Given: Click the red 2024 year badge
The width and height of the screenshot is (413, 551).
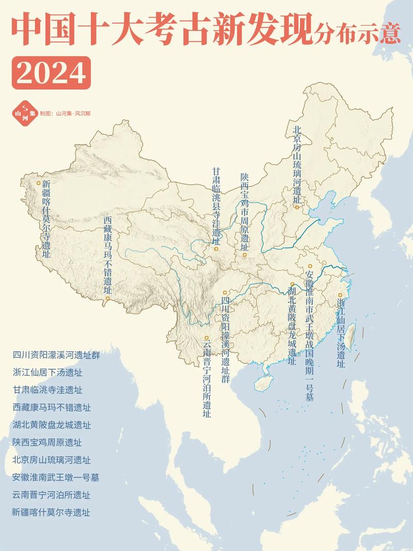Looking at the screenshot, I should [51, 73].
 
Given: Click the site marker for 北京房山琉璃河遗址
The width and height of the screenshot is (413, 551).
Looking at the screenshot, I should [297, 207].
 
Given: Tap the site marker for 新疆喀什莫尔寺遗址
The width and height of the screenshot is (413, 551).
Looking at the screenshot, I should [38, 182].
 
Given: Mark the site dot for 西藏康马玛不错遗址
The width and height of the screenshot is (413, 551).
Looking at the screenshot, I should [107, 298].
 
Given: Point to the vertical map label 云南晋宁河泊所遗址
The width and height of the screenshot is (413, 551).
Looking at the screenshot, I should [206, 377].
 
